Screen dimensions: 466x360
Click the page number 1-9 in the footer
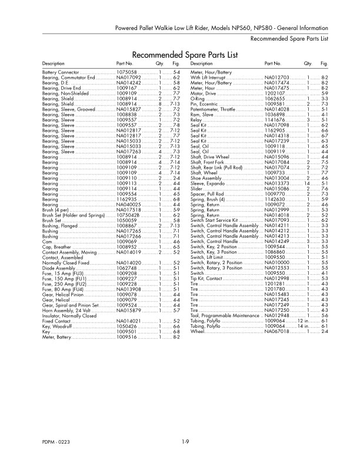pyautogui.click(x=185, y=441)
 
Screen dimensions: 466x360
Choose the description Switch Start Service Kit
pyautogui.click(x=214, y=220)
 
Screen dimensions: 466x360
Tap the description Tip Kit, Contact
pyautogui.click(x=206, y=278)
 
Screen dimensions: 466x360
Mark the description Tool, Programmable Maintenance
pyautogui.click(x=226, y=315)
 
